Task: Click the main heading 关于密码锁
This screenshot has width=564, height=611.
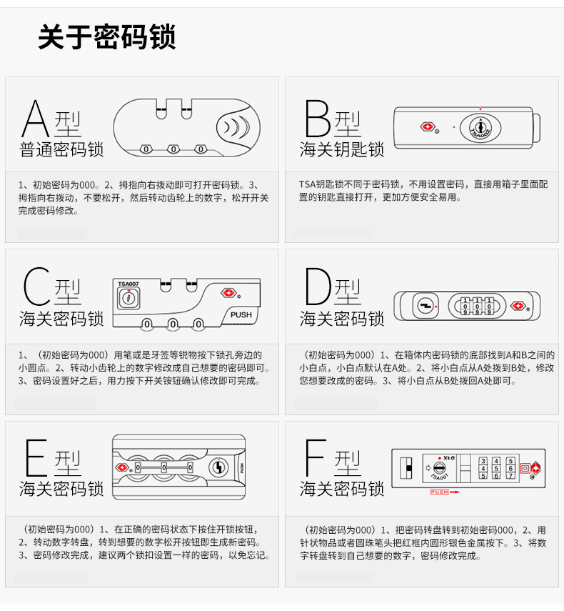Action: pos(107,36)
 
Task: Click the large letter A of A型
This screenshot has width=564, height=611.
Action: pos(35,118)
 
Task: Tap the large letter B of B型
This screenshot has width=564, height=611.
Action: pos(317,118)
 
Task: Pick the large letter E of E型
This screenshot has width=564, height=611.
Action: pos(36,457)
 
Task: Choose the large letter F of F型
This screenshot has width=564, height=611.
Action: pos(315,457)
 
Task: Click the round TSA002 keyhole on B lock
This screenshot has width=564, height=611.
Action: pos(480,128)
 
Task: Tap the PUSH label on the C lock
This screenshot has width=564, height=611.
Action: pos(241,315)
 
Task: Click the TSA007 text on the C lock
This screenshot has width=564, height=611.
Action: pos(128,284)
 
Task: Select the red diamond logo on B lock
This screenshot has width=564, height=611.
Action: pos(427,126)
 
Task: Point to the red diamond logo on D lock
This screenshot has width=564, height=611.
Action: pos(518,306)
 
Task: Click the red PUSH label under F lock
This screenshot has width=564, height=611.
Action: pos(440,492)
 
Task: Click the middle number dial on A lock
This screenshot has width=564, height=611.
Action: pos(173,149)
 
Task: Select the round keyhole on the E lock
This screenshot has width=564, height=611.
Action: pos(218,467)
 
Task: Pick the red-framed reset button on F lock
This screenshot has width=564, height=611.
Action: pos(525,468)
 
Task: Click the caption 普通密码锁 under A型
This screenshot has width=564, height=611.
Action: pos(61,149)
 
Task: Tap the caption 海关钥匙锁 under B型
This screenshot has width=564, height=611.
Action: pos(342,149)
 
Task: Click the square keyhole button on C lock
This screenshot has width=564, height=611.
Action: pos(129,299)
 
